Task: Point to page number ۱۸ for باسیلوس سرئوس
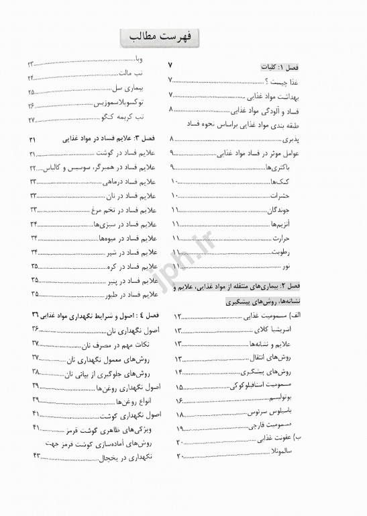click(180, 415)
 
